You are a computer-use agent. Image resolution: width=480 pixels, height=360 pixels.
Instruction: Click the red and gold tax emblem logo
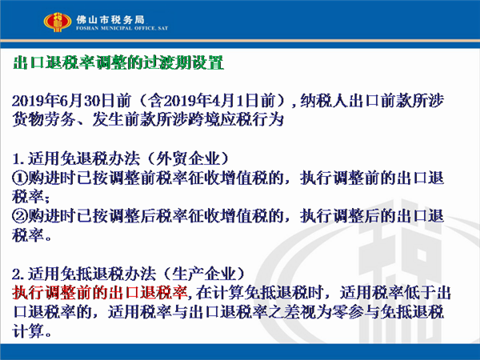click(x=58, y=22)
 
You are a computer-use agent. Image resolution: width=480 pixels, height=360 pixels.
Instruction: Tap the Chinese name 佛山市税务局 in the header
click(x=110, y=20)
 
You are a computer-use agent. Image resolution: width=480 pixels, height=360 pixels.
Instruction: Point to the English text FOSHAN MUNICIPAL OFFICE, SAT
click(x=122, y=28)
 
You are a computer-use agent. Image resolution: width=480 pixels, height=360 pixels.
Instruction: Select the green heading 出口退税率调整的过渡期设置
click(x=118, y=62)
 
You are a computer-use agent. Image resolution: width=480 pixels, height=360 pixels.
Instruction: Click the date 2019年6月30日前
click(x=72, y=101)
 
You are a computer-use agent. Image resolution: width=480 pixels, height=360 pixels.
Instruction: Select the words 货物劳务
click(x=44, y=119)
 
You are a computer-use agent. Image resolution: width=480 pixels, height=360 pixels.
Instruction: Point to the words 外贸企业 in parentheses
click(x=188, y=158)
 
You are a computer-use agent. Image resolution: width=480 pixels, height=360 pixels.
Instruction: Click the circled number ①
click(x=20, y=178)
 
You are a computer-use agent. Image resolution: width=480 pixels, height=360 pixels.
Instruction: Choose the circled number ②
click(x=20, y=216)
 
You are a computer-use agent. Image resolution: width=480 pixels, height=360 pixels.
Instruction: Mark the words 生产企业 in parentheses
click(x=204, y=274)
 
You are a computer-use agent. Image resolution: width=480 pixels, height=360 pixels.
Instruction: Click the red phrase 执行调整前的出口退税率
click(x=100, y=293)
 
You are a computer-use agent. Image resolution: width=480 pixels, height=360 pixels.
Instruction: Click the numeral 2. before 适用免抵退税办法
click(x=18, y=274)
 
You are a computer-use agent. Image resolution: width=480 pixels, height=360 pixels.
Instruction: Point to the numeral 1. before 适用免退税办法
click(x=18, y=159)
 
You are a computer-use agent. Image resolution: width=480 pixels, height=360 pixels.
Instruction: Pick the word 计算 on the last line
click(x=28, y=331)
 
